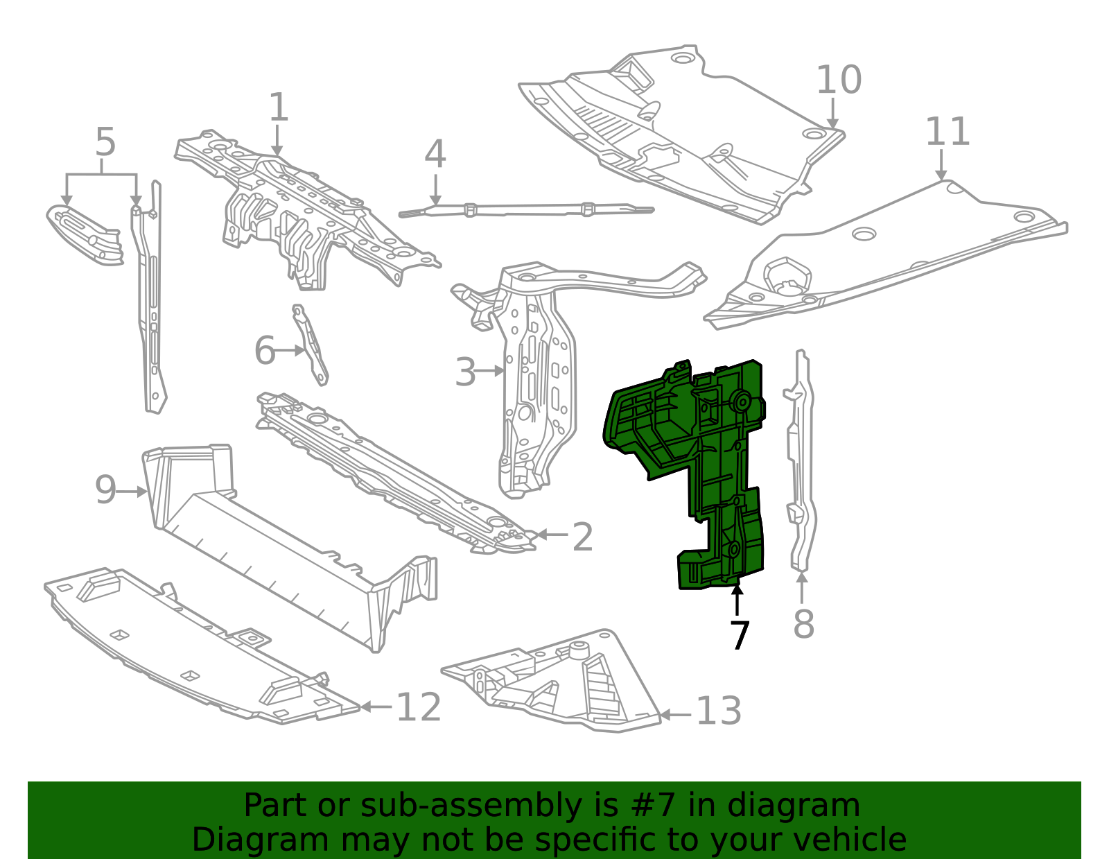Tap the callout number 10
839,80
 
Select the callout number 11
948,132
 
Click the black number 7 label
740,636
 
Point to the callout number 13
719,711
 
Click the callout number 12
419,708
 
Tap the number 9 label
105,490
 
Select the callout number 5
105,143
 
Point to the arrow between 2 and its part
552,535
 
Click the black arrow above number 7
737,600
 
